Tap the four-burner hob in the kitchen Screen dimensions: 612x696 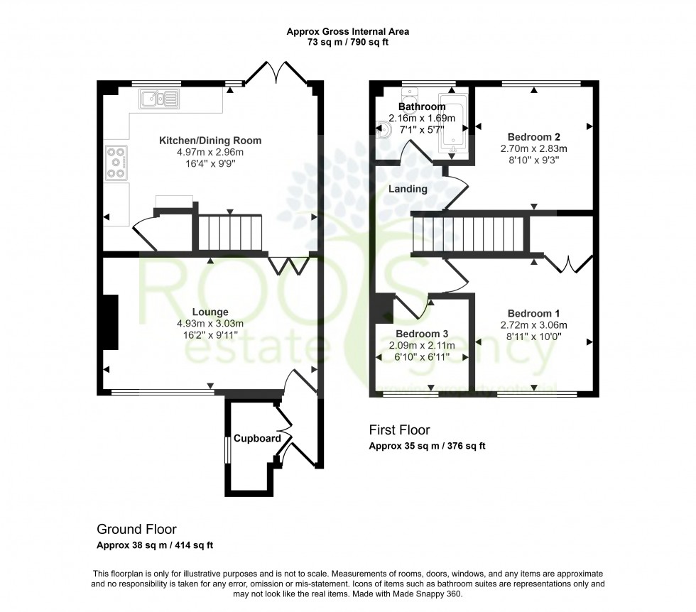[116, 163]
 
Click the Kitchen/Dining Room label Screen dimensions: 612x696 [210, 141]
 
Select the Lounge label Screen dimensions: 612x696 [210, 312]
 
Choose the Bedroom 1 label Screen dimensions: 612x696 [534, 313]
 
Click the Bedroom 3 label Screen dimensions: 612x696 [422, 334]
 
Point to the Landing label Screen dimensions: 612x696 [408, 189]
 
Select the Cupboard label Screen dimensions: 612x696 [257, 439]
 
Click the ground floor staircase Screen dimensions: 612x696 [230, 232]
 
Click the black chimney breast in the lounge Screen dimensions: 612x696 [109, 322]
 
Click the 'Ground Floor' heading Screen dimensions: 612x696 [136, 529]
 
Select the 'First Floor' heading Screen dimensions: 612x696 [399, 430]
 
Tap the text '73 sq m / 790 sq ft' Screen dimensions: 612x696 [347, 43]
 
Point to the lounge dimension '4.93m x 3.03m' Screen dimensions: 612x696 [210, 324]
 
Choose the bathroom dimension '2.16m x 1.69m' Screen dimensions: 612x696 [422, 119]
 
